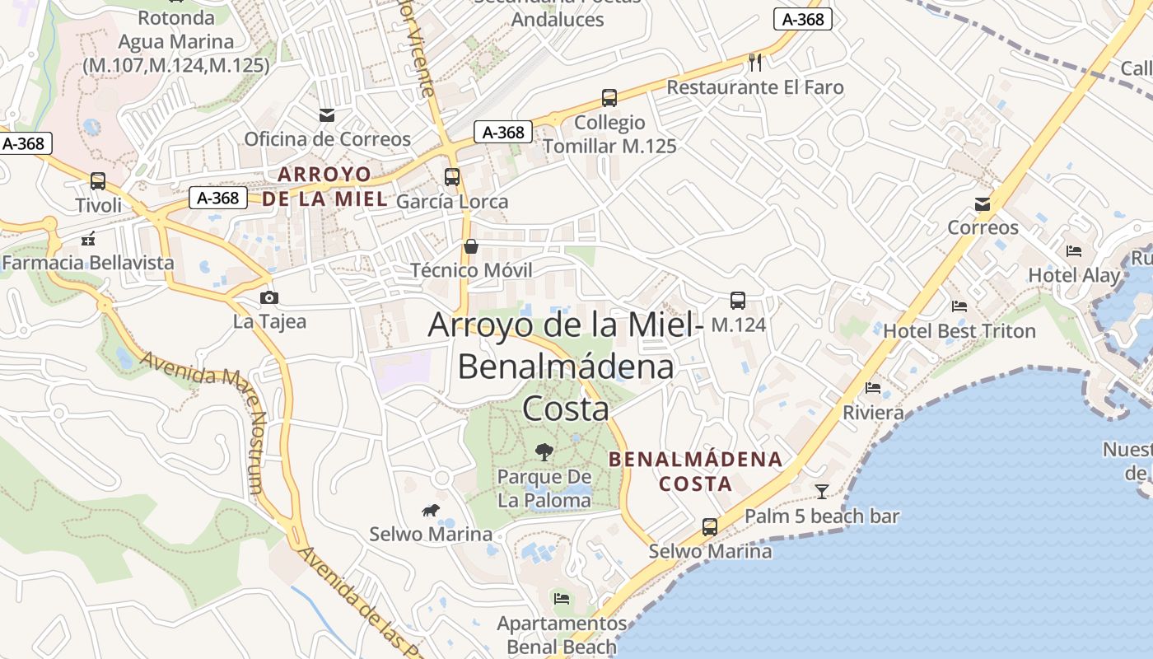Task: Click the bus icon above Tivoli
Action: (98, 181)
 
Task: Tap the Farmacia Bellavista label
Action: (88, 263)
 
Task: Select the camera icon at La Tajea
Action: (268, 297)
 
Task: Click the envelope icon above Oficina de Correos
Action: (327, 115)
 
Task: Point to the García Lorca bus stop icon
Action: (451, 177)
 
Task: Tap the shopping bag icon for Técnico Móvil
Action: (471, 246)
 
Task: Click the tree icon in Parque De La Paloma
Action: (544, 451)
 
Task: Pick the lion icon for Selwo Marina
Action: (431, 511)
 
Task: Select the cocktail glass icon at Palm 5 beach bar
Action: (822, 492)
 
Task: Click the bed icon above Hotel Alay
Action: (1074, 251)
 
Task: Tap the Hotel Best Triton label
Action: (959, 331)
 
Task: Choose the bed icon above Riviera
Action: (873, 388)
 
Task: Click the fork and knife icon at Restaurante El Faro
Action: (755, 63)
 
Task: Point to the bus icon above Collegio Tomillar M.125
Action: (609, 99)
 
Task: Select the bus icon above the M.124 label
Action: (738, 301)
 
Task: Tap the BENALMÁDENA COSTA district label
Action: (696, 471)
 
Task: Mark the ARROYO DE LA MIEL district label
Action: (324, 187)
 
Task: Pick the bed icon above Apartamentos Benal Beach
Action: (562, 598)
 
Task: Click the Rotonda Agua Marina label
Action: (176, 41)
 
